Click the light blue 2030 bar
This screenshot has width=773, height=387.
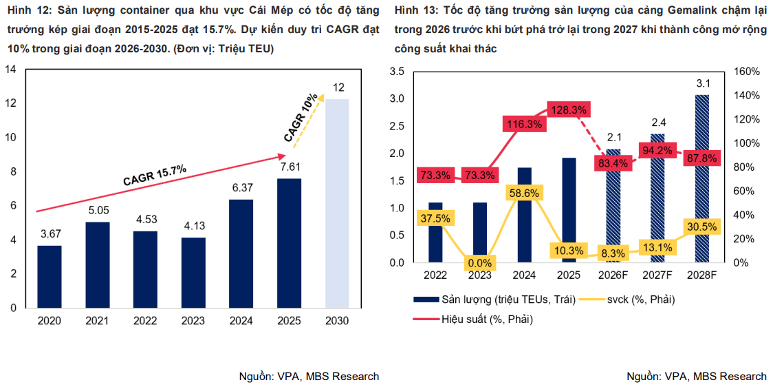coord(337,204)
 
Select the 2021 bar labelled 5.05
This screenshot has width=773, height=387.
coord(98,265)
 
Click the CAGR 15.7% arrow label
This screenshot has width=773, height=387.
coord(154,176)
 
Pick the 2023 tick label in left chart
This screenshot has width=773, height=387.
coord(193,321)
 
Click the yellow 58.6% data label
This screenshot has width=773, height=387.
coord(525,193)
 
